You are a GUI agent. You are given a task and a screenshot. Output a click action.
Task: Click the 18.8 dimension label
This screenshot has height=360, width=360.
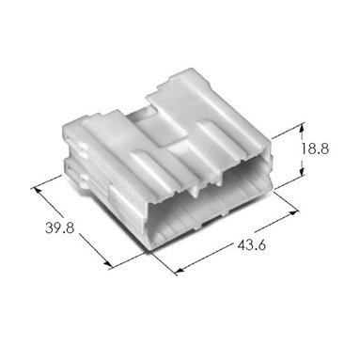315,149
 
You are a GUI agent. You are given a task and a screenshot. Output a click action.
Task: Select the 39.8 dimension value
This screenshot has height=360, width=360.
60,227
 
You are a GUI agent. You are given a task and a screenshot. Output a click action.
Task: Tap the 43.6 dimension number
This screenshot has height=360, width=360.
252,244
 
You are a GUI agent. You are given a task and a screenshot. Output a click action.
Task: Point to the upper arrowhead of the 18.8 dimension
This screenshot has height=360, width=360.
302,127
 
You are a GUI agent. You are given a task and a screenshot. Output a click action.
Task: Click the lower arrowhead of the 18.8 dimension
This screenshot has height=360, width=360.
302,172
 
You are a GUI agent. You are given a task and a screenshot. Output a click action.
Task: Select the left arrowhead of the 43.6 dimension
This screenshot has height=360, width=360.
180,271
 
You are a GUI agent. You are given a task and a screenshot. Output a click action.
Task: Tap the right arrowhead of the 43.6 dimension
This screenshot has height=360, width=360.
293,213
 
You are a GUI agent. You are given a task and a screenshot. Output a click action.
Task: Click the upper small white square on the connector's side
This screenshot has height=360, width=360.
83,147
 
